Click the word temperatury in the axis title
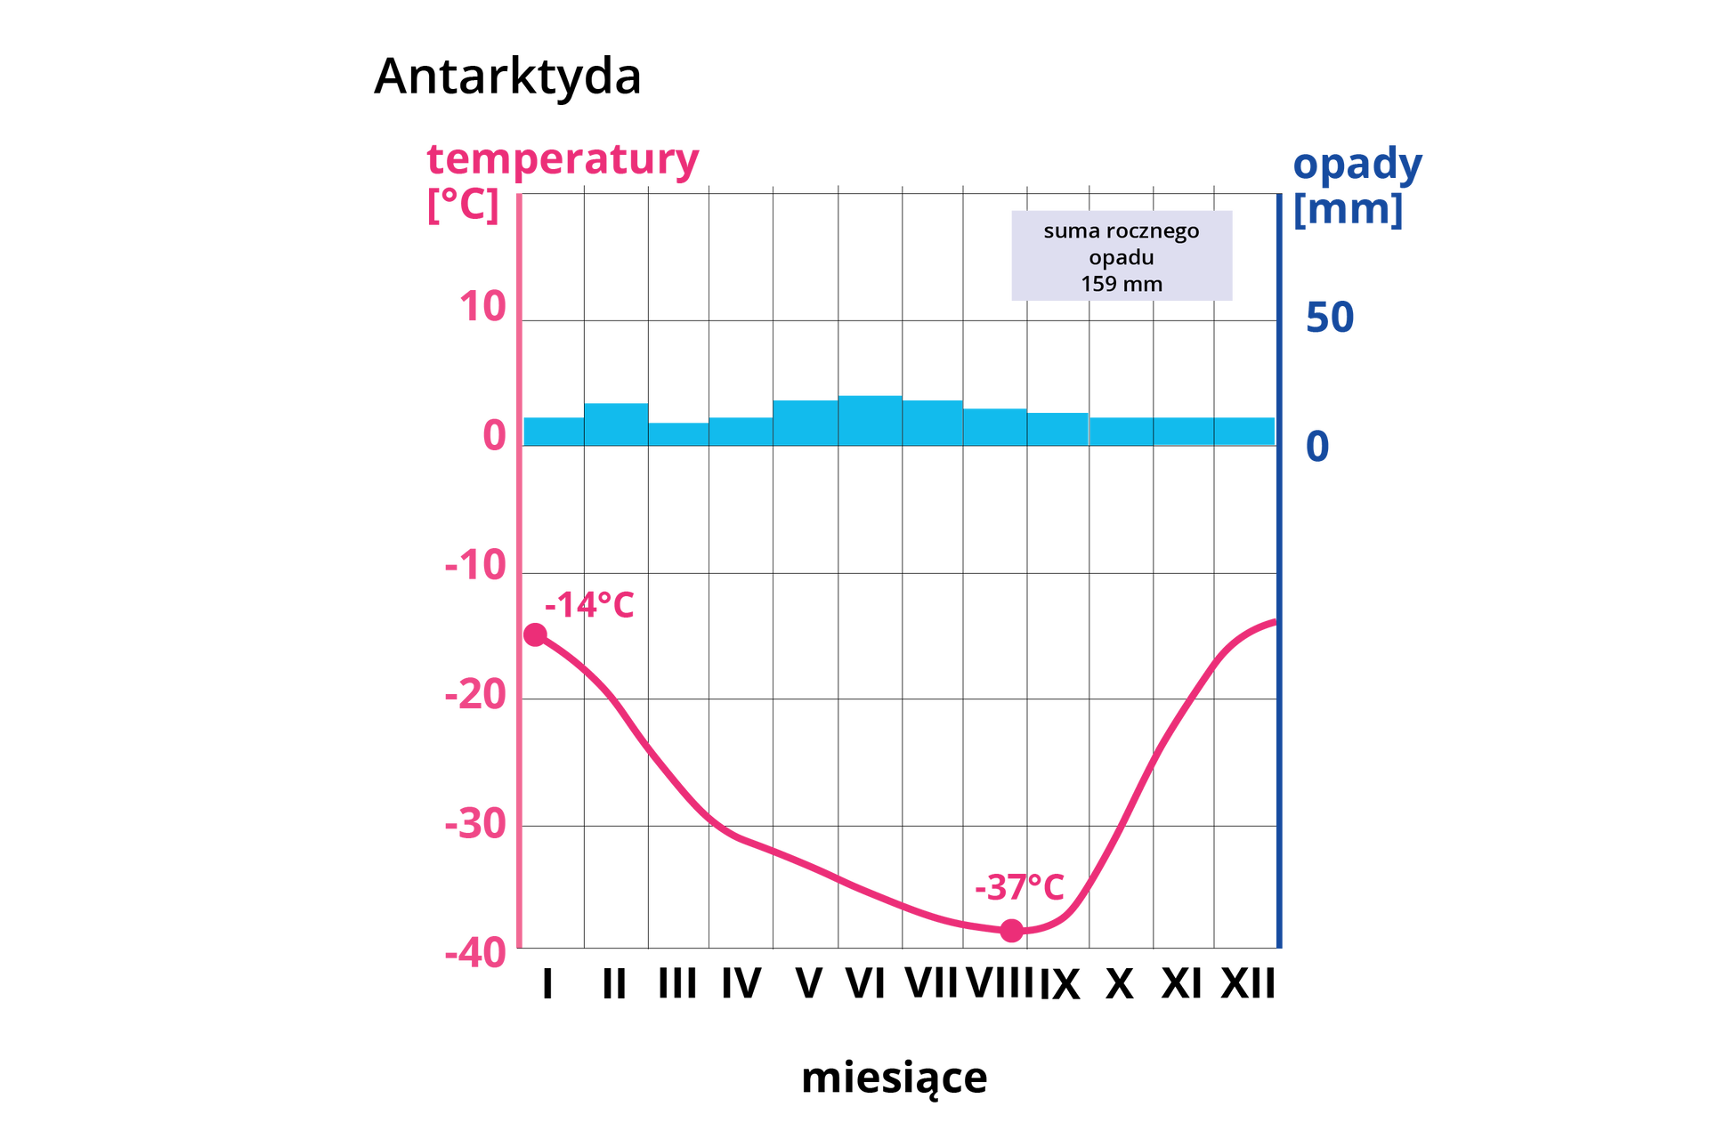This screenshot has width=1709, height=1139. [x=563, y=162]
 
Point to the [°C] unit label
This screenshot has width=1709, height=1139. [x=462, y=206]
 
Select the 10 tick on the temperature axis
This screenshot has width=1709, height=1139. [x=483, y=308]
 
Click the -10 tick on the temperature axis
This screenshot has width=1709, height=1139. [x=476, y=565]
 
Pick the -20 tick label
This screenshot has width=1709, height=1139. [x=476, y=694]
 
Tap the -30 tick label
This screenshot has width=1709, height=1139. [x=476, y=824]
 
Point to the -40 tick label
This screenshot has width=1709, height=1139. [x=476, y=954]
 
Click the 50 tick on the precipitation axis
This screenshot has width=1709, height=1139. [x=1330, y=318]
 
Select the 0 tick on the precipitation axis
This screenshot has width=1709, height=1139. [x=1317, y=447]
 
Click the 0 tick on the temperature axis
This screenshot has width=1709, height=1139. [x=494, y=436]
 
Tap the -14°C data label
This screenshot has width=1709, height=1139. [x=589, y=606]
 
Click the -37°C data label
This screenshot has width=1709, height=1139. [x=1019, y=888]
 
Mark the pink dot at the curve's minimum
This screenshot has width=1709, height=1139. [x=1011, y=931]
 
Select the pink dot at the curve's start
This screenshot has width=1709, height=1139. [x=536, y=634]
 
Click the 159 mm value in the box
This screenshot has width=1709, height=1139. [x=1122, y=284]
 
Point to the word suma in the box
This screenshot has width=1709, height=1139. [x=1072, y=231]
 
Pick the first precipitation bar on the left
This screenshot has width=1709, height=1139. [x=553, y=431]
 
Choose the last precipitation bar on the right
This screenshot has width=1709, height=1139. [x=1244, y=431]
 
